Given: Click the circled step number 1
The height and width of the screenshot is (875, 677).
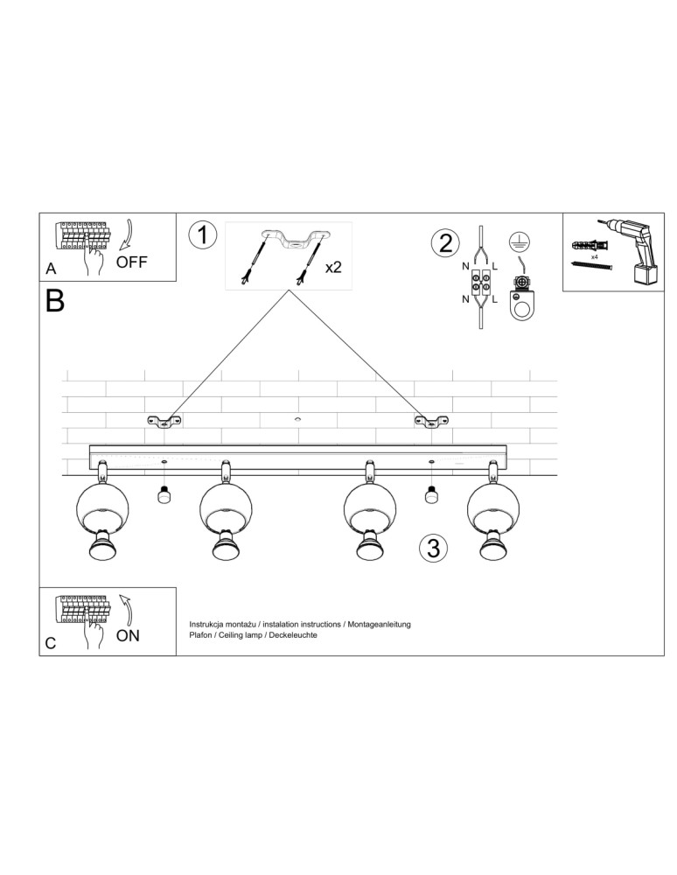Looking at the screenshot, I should click(203, 235).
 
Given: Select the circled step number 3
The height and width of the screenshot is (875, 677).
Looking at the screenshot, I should click(432, 548).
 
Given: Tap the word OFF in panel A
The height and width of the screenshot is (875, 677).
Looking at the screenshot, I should click(132, 262).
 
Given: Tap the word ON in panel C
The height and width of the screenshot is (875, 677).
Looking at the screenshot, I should click(128, 636).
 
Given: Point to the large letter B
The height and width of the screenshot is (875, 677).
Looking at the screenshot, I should click(54, 301).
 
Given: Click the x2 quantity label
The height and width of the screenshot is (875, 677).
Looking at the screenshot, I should click(333, 267).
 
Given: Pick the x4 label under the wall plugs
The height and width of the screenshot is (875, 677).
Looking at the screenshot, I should click(594, 258).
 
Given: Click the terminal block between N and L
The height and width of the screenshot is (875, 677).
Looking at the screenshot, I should click(481, 282).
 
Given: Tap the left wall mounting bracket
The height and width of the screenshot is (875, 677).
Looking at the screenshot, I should click(164, 423).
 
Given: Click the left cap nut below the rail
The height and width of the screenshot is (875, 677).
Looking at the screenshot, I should click(163, 496).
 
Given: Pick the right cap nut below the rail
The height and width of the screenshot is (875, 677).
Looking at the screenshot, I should click(430, 496).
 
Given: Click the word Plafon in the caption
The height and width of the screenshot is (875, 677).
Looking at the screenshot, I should click(202, 635).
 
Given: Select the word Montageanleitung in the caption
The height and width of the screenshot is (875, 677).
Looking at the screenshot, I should click(379, 624).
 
